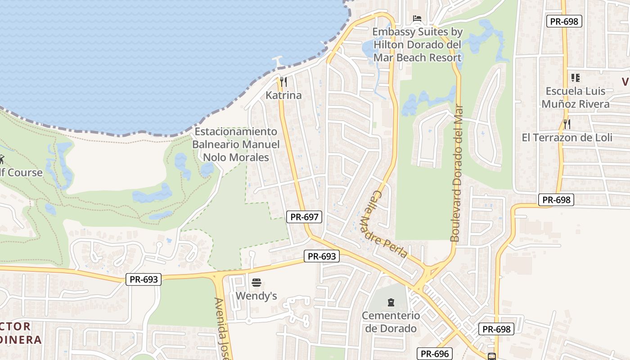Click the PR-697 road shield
point(305,217)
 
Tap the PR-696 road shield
point(434,354)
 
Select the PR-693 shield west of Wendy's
point(144,279)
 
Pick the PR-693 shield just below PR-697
point(321,256)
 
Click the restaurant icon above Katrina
point(283,82)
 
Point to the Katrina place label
point(283,95)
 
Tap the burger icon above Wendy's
point(256,283)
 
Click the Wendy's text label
point(256,296)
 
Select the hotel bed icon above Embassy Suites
point(417,18)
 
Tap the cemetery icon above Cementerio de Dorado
point(391,302)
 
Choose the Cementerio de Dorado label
point(391,322)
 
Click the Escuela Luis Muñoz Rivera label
point(576,97)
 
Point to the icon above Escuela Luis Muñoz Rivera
point(575,77)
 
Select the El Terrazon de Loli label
point(567,138)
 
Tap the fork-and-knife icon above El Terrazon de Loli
point(567,124)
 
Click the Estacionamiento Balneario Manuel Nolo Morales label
point(236,144)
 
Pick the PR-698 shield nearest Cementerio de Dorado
point(496,329)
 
